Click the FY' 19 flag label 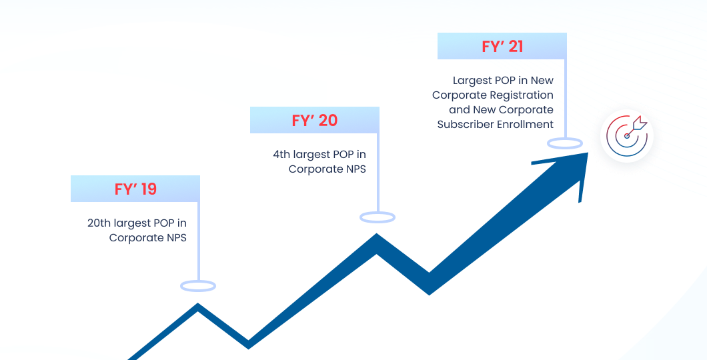[x=135, y=189]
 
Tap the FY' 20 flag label [x=315, y=120]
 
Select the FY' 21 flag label [x=502, y=46]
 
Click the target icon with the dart [x=627, y=136]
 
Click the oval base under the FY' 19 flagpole [x=198, y=286]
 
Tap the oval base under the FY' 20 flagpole [x=378, y=217]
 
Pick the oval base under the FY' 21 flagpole [x=565, y=144]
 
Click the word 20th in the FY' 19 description [x=99, y=223]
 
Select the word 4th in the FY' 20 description [x=282, y=155]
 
